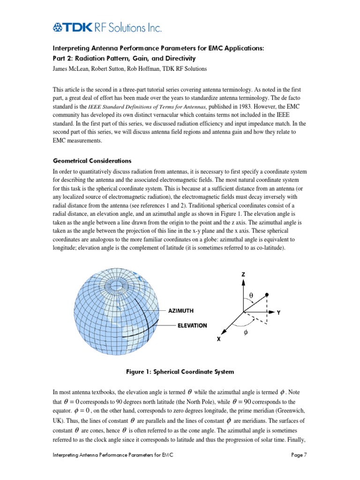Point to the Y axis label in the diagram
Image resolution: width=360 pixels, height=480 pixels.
pyautogui.click(x=278, y=312)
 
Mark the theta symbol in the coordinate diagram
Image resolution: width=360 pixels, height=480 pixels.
pyautogui.click(x=250, y=296)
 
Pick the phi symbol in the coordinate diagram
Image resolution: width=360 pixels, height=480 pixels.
pyautogui.click(x=244, y=331)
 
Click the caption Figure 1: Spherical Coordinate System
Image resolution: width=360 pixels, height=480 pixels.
pyautogui.click(x=180, y=372)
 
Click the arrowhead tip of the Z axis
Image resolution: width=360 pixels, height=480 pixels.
pyautogui.click(x=243, y=282)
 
